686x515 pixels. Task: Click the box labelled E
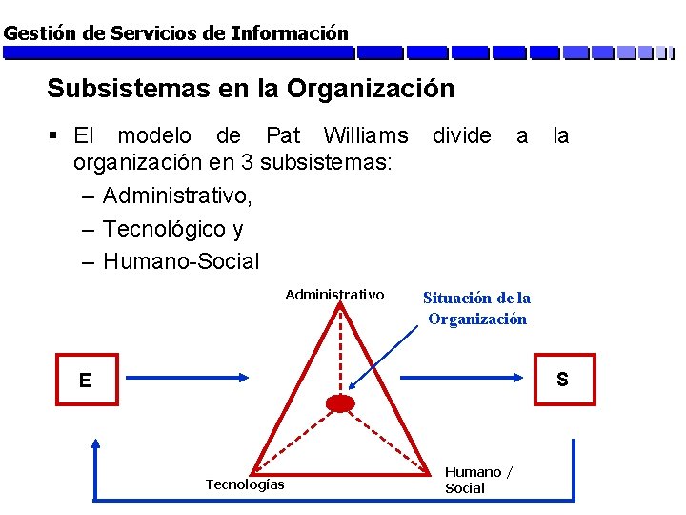pos(86,380)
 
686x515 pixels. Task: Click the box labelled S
pos(562,380)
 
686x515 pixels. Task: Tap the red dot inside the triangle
pos(340,403)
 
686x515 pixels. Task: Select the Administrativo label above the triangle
pos(334,295)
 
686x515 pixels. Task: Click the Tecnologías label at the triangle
pos(245,484)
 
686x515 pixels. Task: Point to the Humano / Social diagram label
pos(478,480)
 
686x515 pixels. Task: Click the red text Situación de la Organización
pos(476,308)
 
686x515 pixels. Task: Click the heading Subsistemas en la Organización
pos(251,89)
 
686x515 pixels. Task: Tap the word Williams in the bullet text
pos(366,136)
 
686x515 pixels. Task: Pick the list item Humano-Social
pos(181,260)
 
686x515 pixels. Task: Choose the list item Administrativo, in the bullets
pos(178,196)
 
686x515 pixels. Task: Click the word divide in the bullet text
pos(462,136)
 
